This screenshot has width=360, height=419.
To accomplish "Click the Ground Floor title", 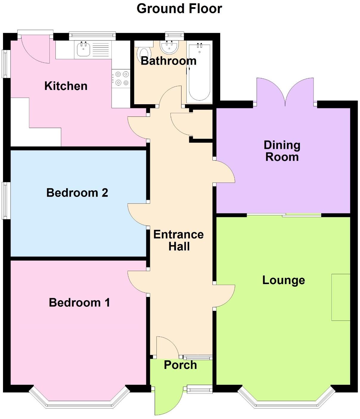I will click(179, 9).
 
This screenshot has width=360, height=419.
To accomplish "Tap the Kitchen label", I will click(66, 86).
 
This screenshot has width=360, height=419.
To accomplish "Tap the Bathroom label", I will click(168, 61).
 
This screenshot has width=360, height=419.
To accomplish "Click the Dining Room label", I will click(282, 151).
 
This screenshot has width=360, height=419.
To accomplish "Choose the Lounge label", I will click(283, 280).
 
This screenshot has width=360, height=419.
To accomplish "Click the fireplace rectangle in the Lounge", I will click(341, 297).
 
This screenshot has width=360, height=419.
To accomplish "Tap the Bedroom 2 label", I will click(77, 193).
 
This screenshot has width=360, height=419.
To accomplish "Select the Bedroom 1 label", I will click(79, 303).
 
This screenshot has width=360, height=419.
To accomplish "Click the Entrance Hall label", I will click(179, 240).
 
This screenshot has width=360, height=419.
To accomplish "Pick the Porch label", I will click(180, 365).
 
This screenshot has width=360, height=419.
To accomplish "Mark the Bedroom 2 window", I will click(5, 200).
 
